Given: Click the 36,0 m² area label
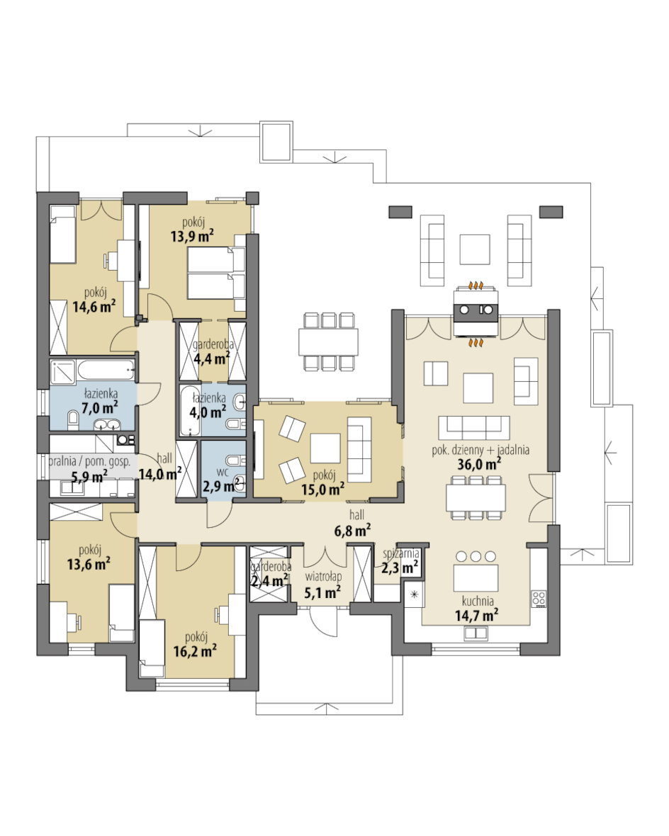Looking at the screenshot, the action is [x=478, y=464].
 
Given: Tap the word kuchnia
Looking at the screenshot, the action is [x=478, y=601].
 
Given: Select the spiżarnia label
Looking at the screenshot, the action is [x=400, y=554].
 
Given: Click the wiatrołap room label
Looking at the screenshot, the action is [x=323, y=577].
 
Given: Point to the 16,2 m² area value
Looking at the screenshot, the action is [x=195, y=650].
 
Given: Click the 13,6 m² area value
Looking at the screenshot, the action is [x=89, y=563].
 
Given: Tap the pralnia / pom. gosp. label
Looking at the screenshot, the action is [x=89, y=461].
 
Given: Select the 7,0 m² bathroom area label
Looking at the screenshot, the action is [x=100, y=408].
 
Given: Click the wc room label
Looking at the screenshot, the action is [x=223, y=473].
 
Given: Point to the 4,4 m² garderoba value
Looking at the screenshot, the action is [x=211, y=358].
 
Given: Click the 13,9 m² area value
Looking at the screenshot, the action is [x=192, y=236].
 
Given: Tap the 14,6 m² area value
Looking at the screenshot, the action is [x=94, y=307].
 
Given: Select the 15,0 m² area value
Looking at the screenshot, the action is [x=322, y=489].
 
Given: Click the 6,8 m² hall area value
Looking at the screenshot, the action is [x=352, y=531].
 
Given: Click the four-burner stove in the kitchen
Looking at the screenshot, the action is [x=539, y=599].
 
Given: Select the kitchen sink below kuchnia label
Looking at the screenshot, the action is [x=476, y=633].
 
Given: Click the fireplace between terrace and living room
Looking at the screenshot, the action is [x=476, y=313].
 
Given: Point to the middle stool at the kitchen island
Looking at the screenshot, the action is [x=476, y=557].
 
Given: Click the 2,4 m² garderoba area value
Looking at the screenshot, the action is [x=269, y=580].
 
